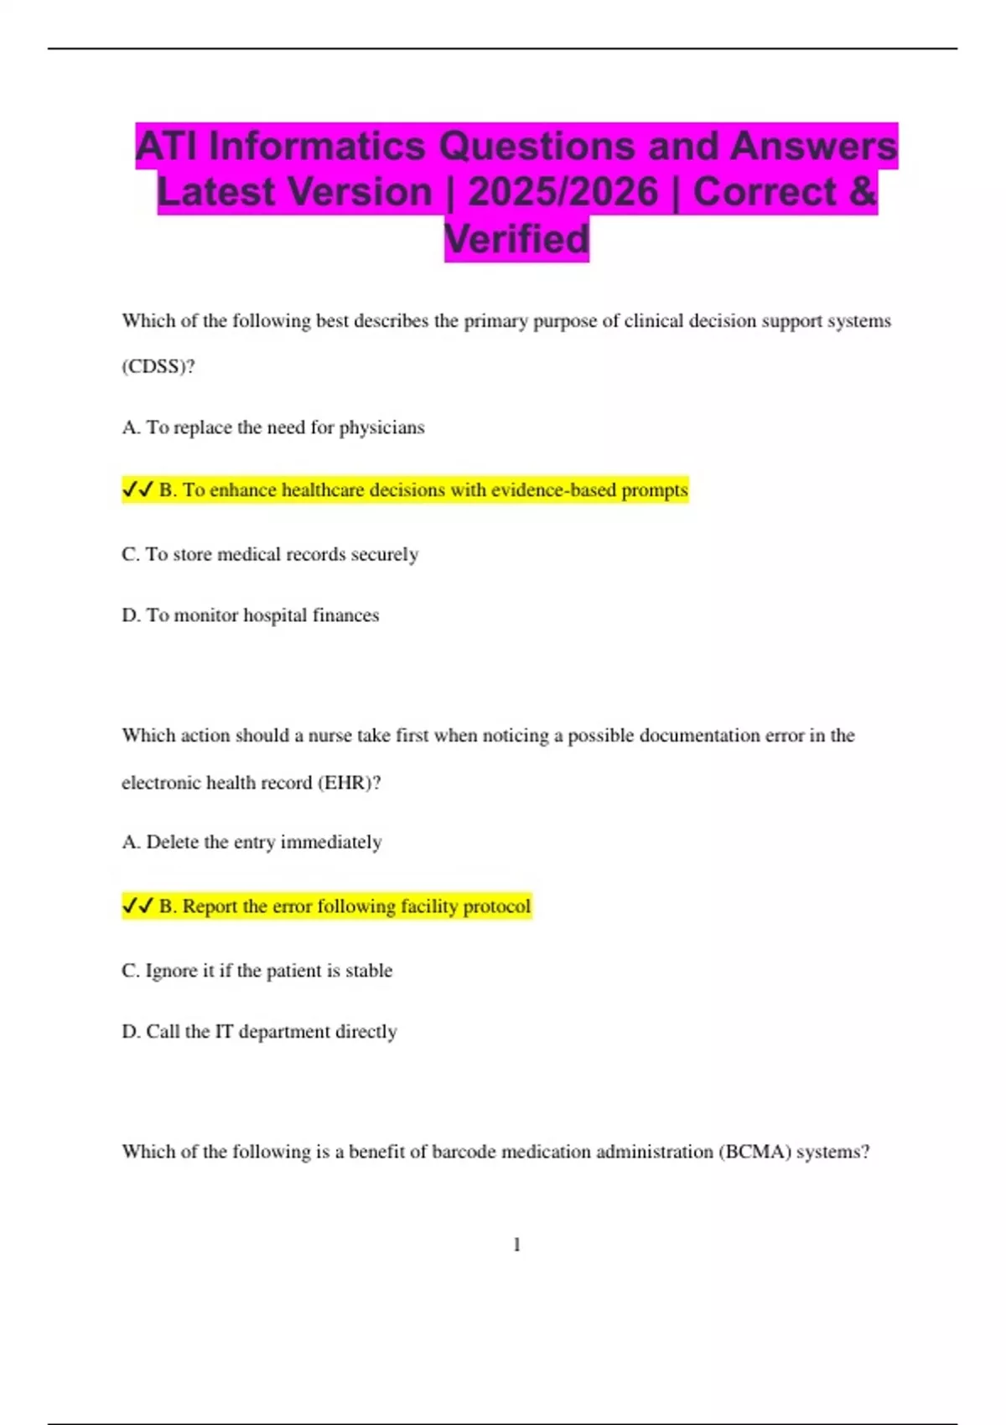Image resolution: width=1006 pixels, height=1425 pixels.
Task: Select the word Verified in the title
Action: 516,239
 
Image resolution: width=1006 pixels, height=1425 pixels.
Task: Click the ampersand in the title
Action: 862,192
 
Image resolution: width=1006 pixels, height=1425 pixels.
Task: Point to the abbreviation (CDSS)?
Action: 158,366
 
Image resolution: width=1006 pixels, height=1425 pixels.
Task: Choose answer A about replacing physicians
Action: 273,427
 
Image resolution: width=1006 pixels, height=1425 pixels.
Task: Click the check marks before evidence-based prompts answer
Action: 137,490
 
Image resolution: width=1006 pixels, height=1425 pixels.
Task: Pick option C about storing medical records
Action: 270,554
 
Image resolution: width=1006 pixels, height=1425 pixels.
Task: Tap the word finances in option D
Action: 345,615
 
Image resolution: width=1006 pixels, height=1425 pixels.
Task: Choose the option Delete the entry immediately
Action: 251,842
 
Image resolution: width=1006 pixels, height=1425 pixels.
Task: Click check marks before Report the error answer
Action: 137,906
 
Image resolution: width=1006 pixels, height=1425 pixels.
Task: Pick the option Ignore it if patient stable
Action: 257,971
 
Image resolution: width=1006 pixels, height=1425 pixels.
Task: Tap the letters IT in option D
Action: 223,1032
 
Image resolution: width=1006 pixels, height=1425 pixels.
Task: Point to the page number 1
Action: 516,1245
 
